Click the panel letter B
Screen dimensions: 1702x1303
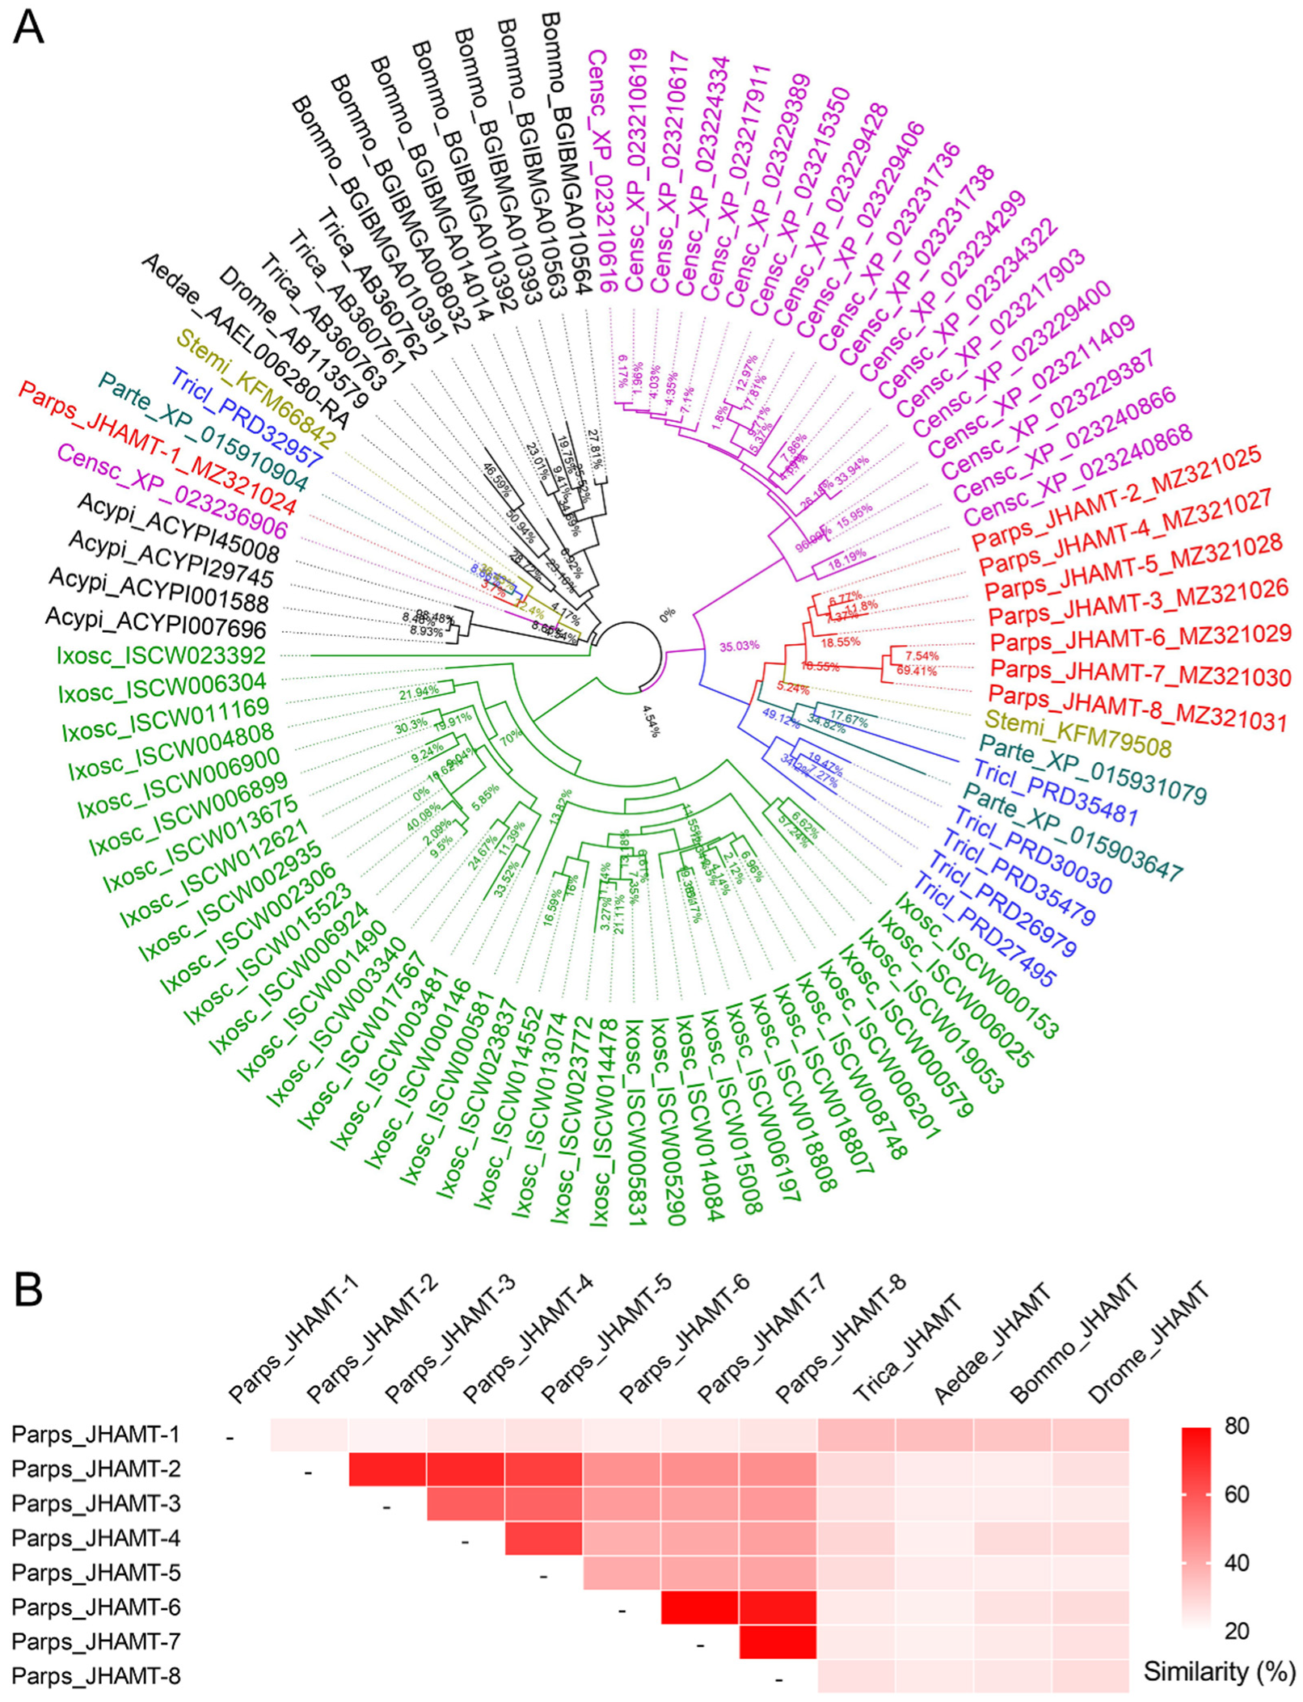(x=28, y=1291)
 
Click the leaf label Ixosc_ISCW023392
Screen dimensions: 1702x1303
(x=161, y=654)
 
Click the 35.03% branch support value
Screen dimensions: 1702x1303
(x=739, y=646)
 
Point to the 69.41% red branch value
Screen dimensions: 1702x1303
(x=916, y=671)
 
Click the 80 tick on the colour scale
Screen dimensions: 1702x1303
(x=1237, y=1426)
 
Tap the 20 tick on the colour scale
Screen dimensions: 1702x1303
(x=1237, y=1631)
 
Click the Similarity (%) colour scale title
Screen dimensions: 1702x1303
(x=1219, y=1671)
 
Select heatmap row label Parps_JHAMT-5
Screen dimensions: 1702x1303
(x=96, y=1573)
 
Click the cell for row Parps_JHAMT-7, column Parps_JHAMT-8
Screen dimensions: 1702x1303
(x=778, y=1642)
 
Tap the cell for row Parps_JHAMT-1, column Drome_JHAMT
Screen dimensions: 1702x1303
(x=1090, y=1435)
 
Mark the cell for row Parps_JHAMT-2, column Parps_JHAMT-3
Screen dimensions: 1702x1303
(x=387, y=1469)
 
